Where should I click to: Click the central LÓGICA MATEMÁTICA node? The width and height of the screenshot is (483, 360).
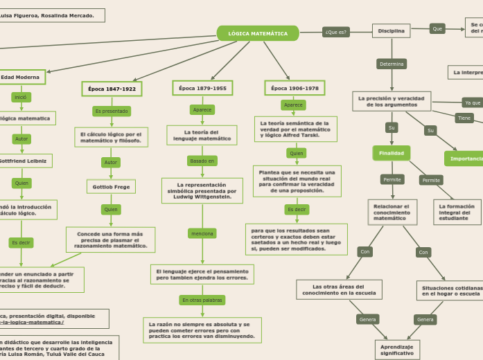click(x=258, y=33)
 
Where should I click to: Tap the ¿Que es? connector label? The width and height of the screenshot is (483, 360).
click(x=336, y=32)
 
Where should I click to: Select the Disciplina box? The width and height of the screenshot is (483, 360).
click(x=392, y=30)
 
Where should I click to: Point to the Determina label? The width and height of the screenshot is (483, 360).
click(x=392, y=64)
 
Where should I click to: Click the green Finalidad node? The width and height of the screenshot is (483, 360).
click(x=392, y=153)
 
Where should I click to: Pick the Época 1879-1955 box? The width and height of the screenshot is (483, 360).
click(x=202, y=88)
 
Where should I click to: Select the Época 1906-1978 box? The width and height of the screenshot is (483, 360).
click(x=295, y=88)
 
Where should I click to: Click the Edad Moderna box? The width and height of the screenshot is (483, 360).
click(x=21, y=77)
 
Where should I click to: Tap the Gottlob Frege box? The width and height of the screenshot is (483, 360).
click(x=111, y=187)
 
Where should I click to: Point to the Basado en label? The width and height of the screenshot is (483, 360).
click(x=202, y=161)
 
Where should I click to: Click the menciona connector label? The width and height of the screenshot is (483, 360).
click(x=202, y=233)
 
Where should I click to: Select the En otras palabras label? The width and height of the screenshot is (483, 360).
click(x=202, y=300)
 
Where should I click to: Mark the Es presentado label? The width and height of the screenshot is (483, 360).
click(x=112, y=111)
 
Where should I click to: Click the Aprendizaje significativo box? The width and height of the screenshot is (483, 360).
click(x=397, y=350)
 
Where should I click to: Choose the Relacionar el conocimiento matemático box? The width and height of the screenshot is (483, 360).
click(x=392, y=212)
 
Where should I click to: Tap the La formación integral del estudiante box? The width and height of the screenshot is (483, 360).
click(x=457, y=212)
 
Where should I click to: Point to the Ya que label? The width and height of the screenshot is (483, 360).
click(x=472, y=102)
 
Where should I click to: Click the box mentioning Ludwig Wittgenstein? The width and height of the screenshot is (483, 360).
click(x=202, y=190)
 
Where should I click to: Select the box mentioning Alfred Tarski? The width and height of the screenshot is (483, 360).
click(x=295, y=129)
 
